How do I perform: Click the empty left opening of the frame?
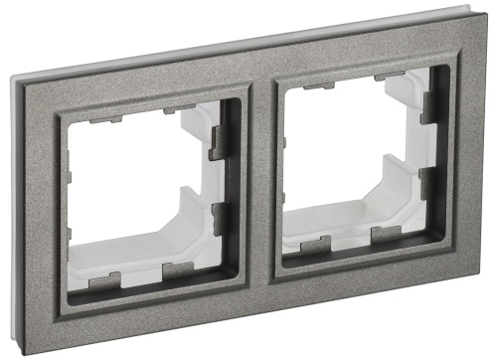[139, 189]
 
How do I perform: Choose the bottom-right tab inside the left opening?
[178, 270]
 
